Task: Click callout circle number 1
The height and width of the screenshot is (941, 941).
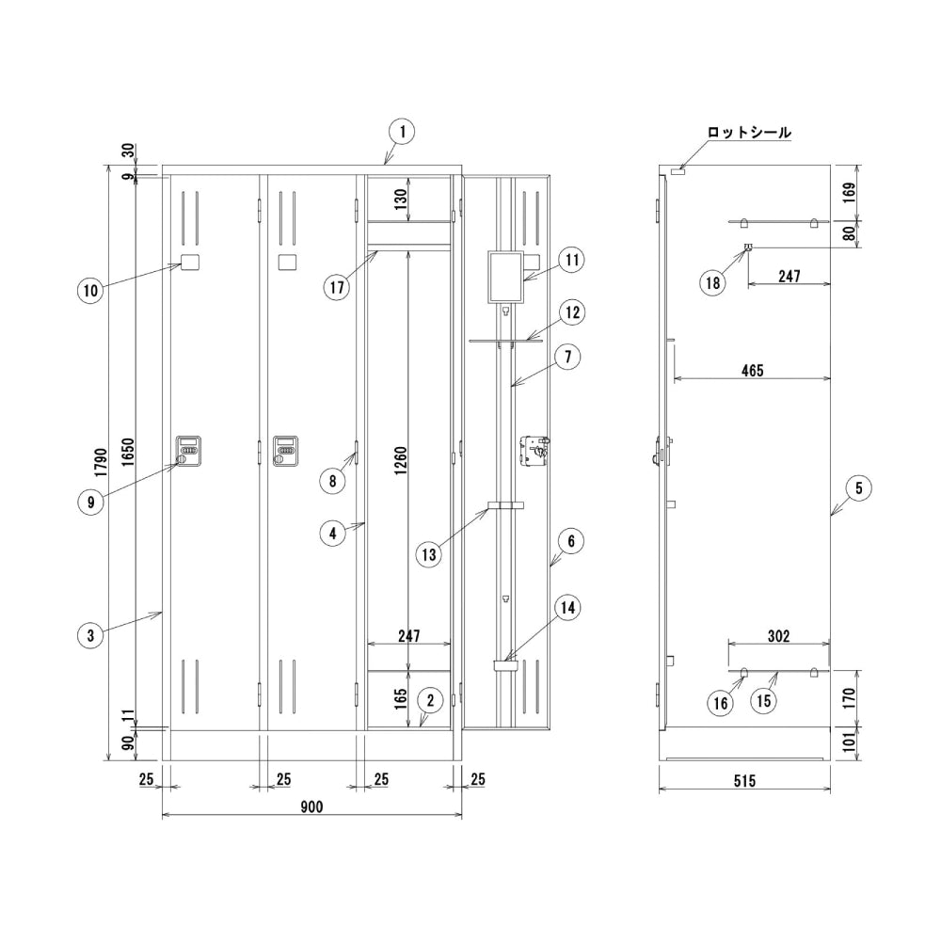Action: point(403,132)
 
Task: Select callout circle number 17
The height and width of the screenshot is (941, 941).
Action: point(337,287)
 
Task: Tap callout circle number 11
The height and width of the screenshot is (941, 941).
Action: point(571,260)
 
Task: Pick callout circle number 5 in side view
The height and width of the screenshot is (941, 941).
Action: point(859,488)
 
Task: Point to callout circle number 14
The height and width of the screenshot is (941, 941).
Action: point(567,608)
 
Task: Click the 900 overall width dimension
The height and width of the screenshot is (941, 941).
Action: point(311,806)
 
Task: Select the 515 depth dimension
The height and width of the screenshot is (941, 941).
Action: point(744,781)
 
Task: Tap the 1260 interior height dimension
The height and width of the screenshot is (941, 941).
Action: point(401,460)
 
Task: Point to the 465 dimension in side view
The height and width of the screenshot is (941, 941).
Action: point(752,370)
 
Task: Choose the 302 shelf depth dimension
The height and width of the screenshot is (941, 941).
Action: point(778,635)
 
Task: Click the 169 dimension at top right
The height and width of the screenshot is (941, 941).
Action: point(849,193)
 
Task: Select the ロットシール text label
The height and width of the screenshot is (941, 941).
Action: point(749,132)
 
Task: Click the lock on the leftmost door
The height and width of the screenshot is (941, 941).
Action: point(188,451)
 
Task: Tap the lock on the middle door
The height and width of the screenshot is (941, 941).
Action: point(286,451)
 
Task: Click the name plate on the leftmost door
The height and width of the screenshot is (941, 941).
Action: point(190,263)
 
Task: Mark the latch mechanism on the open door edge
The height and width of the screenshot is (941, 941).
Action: point(535,451)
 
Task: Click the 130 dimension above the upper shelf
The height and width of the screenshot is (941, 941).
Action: point(401,198)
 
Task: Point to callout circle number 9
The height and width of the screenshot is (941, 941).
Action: point(90,502)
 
